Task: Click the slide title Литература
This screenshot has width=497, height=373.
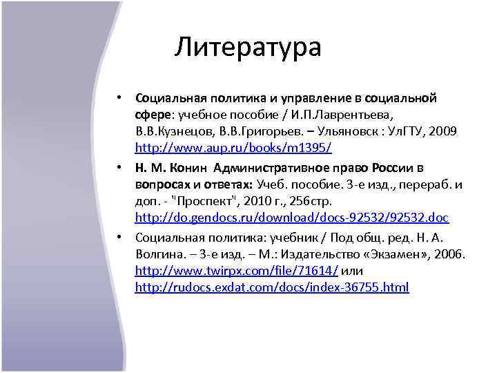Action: [x=248, y=47]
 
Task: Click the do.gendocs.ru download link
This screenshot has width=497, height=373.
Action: [x=291, y=218]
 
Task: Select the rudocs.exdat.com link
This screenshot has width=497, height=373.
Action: [x=272, y=287]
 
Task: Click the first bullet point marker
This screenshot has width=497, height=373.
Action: [x=119, y=97]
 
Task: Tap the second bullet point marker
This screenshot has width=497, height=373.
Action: [x=119, y=166]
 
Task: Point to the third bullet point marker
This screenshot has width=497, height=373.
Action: [x=119, y=236]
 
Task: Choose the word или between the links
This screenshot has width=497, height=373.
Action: [x=352, y=269]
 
